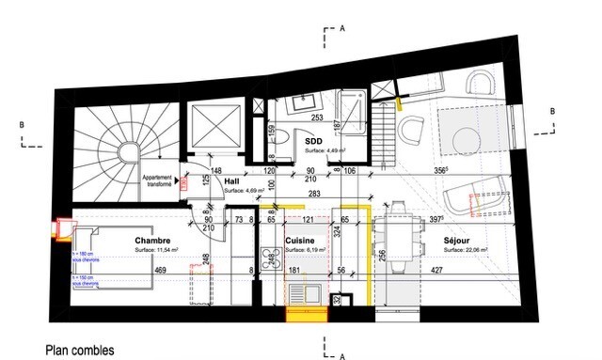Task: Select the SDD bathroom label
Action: pos(314,140)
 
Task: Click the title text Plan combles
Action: pos(80,350)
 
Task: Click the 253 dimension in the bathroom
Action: pos(317,117)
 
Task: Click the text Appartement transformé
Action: pos(156,181)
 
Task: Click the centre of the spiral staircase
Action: pos(129,151)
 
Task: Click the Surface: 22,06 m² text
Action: pos(467,251)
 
